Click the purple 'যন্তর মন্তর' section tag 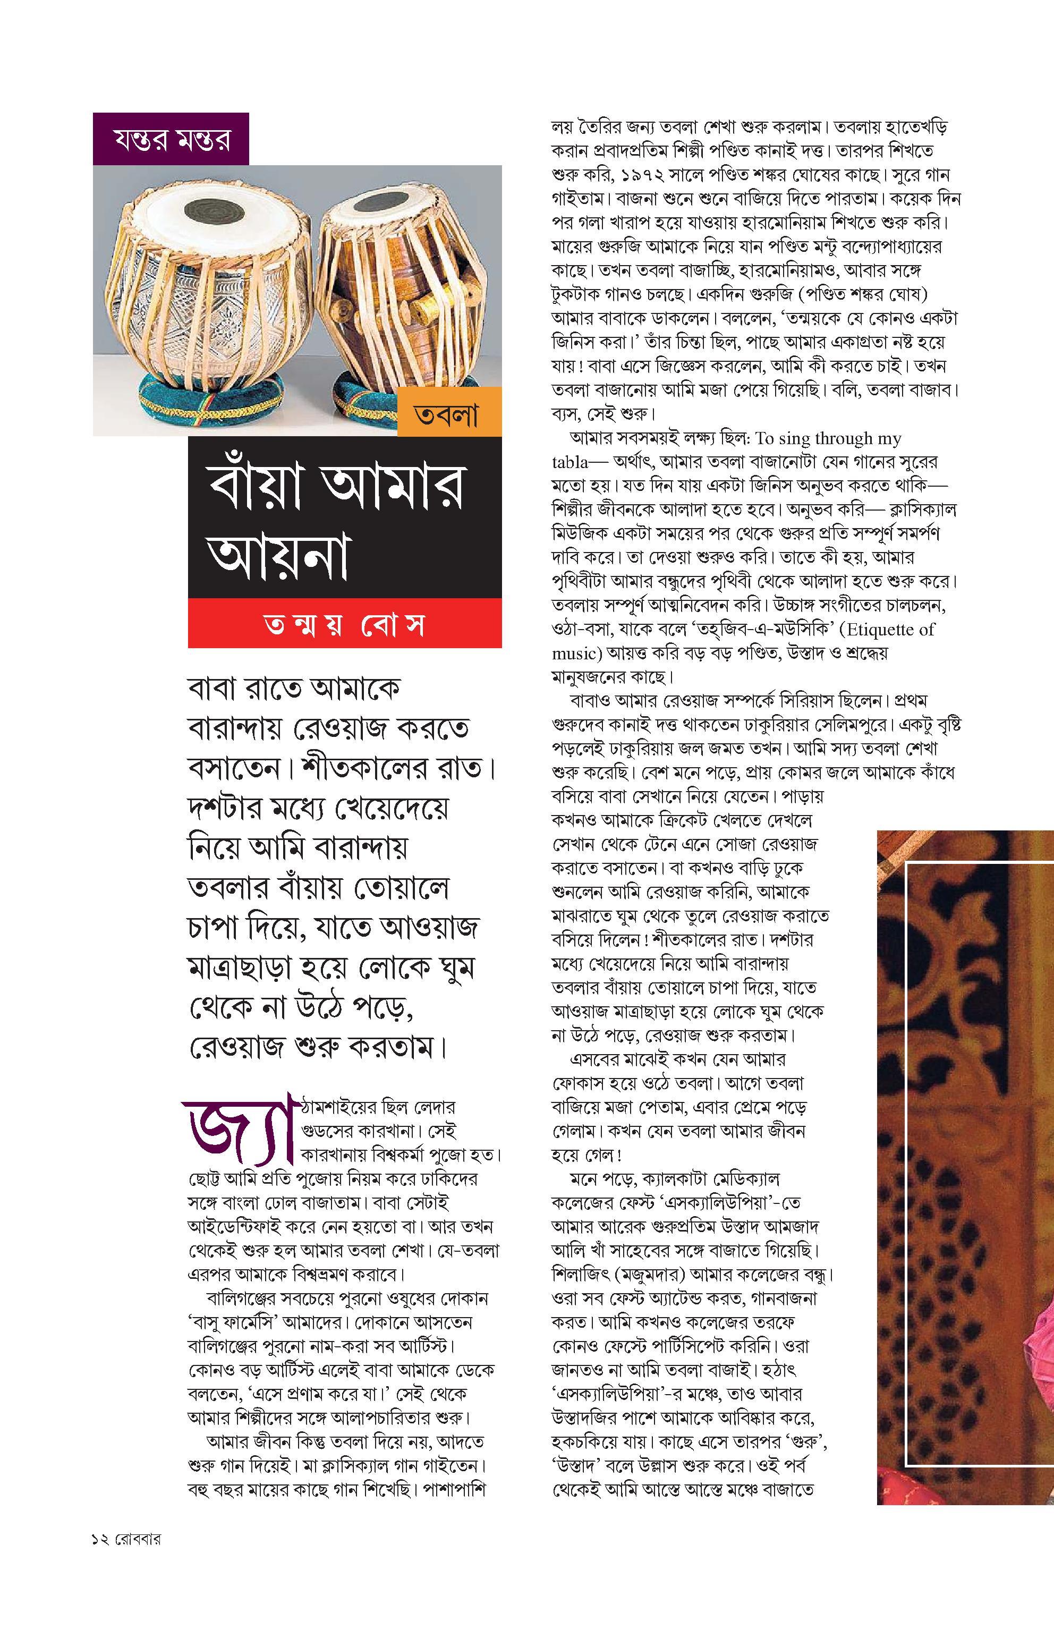click(x=171, y=140)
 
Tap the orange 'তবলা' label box click(x=449, y=413)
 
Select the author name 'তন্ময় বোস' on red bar click(x=345, y=625)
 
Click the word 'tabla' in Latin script click(x=569, y=463)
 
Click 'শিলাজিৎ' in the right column click(x=580, y=1275)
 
